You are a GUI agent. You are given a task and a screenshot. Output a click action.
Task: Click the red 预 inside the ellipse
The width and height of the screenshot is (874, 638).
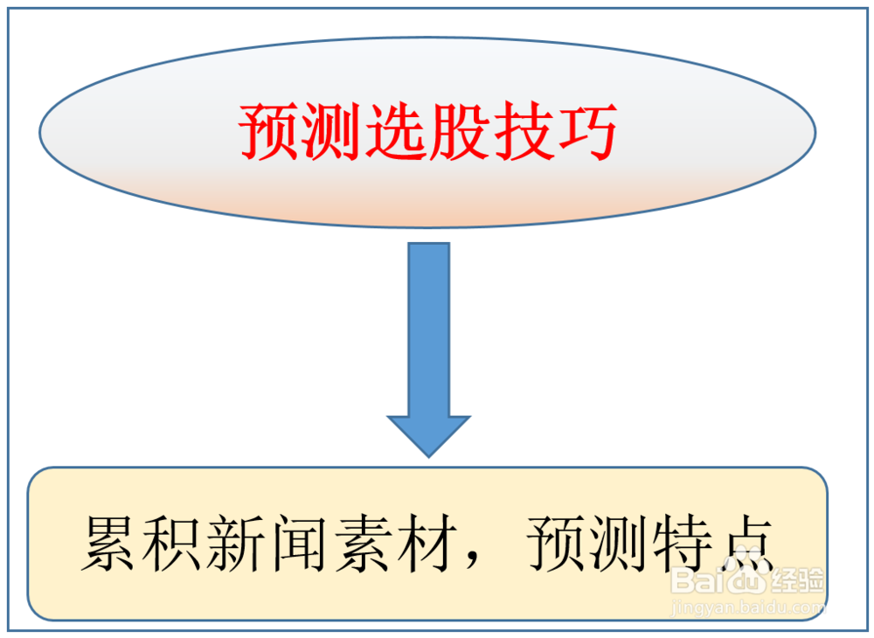coord(270,133)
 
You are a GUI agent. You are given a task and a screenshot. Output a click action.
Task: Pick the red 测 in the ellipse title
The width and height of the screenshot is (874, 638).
coord(317,133)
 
